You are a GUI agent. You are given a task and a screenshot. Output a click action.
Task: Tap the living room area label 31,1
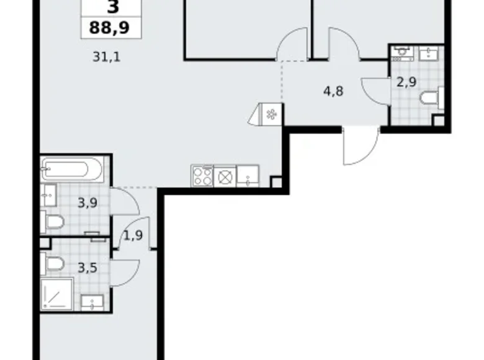pos(106,58)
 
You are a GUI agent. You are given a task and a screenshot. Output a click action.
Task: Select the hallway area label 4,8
pos(333,90)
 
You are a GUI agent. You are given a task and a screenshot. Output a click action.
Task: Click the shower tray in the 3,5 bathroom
pos(57,294)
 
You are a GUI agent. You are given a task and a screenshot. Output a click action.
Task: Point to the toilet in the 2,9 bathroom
pos(431,98)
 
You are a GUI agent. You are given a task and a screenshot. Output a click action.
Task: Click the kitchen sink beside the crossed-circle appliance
pos(248,176)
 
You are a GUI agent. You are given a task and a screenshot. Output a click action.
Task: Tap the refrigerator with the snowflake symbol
pos(271,114)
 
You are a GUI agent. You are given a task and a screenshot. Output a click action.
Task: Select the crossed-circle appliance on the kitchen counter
pos(225,176)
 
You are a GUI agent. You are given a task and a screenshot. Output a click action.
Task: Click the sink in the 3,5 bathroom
pos(94,303)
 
